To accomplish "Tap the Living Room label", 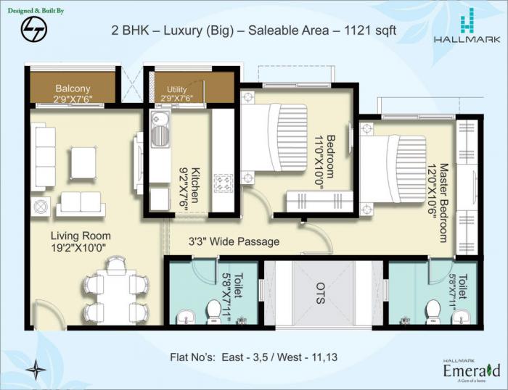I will pos(81,241).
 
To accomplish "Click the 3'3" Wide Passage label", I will pos(234,241).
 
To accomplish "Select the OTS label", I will pos(321,293).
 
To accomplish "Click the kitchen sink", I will pos(159,129).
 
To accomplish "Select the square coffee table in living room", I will pos(83,162).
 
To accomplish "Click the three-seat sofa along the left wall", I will pos(45,156).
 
